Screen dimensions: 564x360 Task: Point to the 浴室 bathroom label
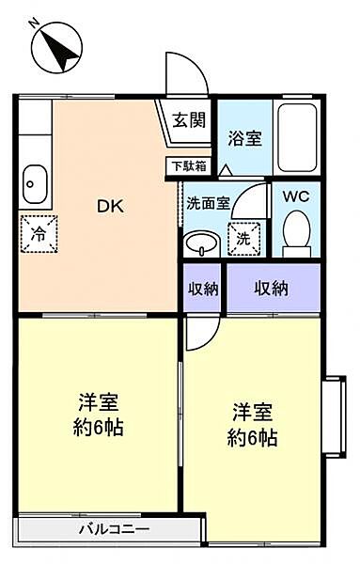coord(245,138)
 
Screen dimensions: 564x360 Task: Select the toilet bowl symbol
coord(296,232)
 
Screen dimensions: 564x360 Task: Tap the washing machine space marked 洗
coord(243,239)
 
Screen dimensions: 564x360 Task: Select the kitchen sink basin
coord(34,178)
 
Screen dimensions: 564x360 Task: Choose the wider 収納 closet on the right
coord(271,289)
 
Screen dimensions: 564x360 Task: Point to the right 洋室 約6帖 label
coord(254,425)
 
